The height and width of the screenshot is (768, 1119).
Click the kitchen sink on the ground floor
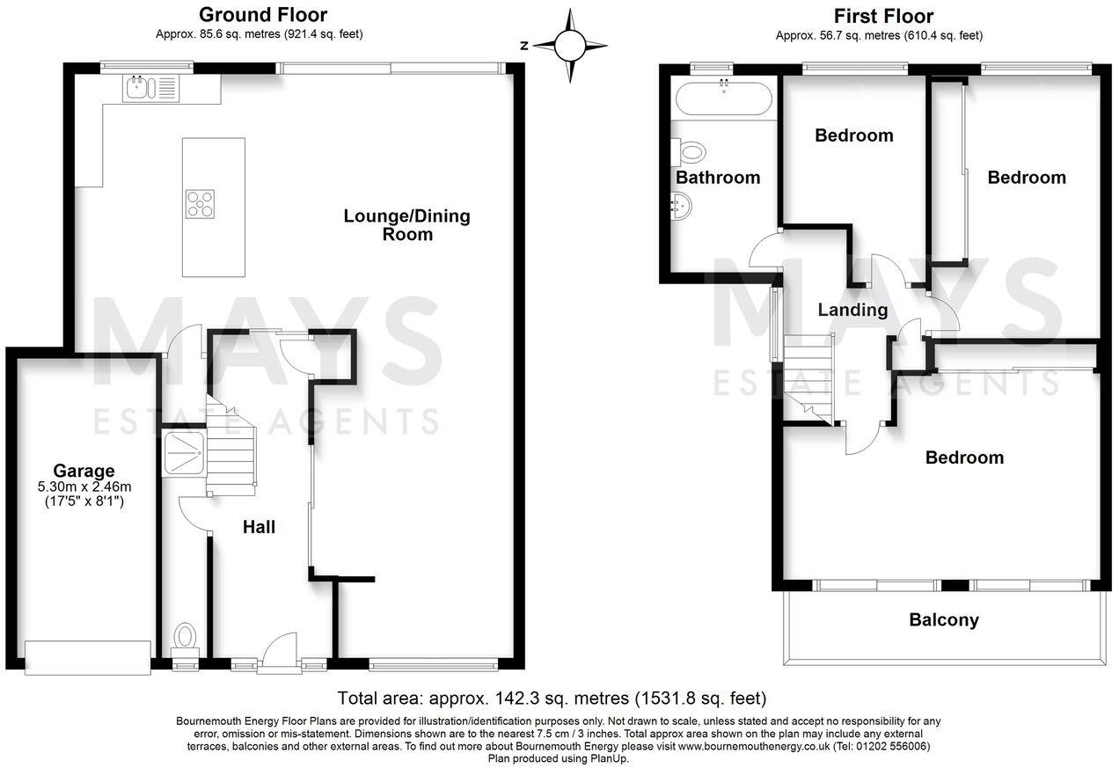(150, 89)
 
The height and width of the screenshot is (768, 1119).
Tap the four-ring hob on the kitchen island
(200, 204)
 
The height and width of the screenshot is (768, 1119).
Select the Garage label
(84, 471)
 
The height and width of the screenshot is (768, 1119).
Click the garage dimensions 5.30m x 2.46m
(84, 486)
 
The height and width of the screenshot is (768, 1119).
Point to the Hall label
(259, 527)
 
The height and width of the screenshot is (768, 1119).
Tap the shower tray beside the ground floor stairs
(184, 453)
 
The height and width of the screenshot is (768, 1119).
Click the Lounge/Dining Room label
(407, 225)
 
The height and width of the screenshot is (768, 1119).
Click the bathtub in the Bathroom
(723, 98)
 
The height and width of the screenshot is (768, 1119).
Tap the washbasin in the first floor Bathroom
(682, 207)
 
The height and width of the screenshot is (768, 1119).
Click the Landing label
(852, 310)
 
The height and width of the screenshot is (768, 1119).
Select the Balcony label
(944, 620)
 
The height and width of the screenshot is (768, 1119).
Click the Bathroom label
(718, 178)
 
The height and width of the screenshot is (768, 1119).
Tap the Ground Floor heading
(263, 15)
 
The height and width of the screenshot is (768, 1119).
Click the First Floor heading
(883, 17)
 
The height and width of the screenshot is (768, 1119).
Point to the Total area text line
(552, 698)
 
